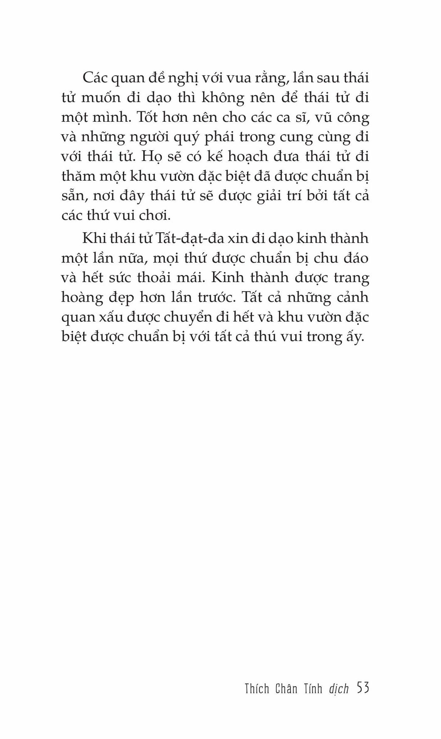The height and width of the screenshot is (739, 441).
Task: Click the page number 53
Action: (x=363, y=688)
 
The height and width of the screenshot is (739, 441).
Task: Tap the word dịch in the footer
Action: (x=338, y=689)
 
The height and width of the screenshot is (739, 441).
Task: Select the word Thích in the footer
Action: (x=257, y=688)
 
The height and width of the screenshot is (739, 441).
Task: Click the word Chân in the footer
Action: (x=286, y=688)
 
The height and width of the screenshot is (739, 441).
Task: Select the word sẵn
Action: (x=73, y=196)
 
